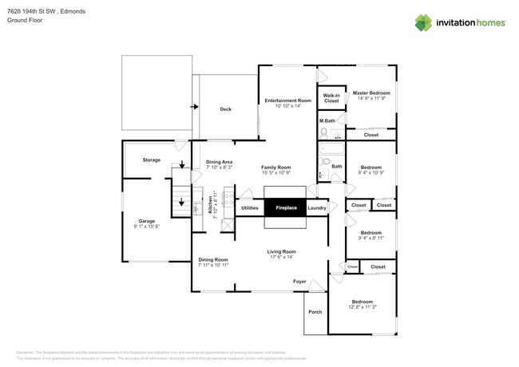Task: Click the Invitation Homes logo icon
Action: pyautogui.click(x=422, y=23)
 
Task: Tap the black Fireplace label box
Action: pyautogui.click(x=286, y=208)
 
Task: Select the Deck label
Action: pyautogui.click(x=225, y=109)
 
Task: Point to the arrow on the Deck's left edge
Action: pyautogui.click(x=194, y=105)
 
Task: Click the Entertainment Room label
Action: pyautogui.click(x=287, y=101)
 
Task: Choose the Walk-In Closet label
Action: pyautogui.click(x=331, y=98)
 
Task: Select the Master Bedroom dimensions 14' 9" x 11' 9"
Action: pyautogui.click(x=370, y=98)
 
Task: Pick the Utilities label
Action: pyautogui.click(x=250, y=208)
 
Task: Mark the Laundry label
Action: pyautogui.click(x=316, y=208)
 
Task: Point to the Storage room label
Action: pyautogui.click(x=152, y=160)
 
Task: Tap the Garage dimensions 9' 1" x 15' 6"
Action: pyautogui.click(x=147, y=227)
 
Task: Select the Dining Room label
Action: pyautogui.click(x=213, y=259)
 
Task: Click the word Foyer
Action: pyautogui.click(x=299, y=282)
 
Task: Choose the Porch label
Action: pyautogui.click(x=315, y=312)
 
